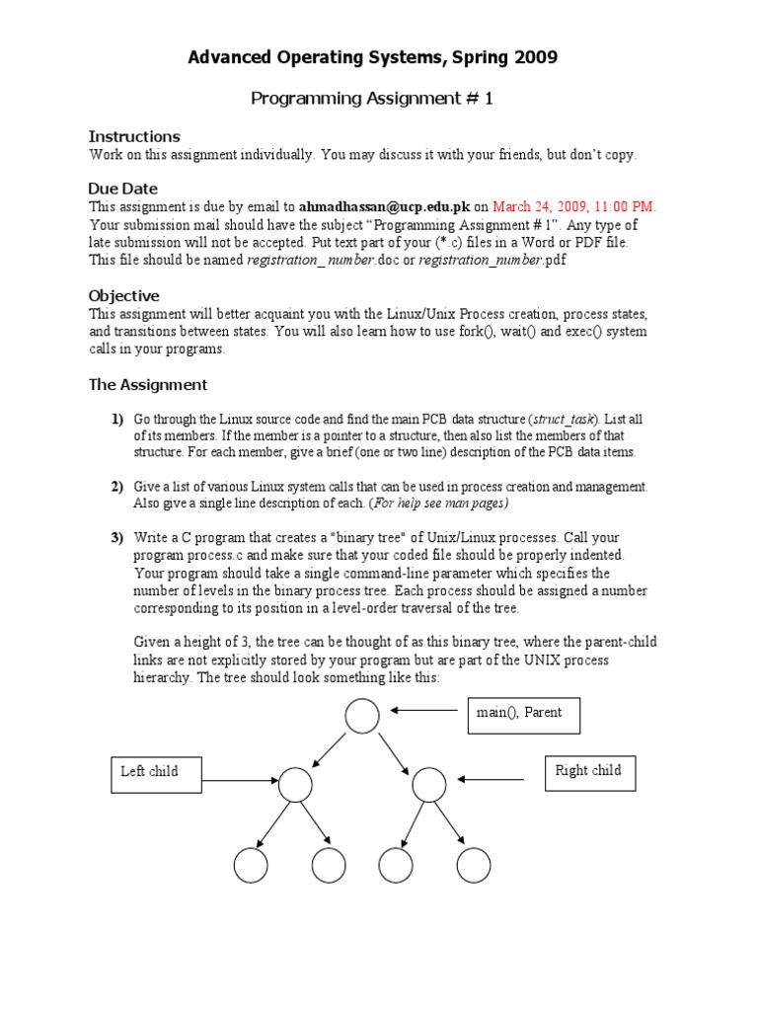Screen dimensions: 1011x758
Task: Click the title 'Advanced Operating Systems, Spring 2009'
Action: point(372,58)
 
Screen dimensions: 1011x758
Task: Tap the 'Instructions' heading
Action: point(134,136)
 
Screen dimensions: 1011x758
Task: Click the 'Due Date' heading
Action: point(123,189)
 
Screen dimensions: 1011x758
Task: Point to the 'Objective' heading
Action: point(124,295)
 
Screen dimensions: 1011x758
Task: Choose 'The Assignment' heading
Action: point(148,385)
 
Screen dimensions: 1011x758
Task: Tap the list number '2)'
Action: point(116,487)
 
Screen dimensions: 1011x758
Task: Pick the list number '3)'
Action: point(116,538)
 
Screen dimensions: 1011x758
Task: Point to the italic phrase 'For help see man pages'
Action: point(438,504)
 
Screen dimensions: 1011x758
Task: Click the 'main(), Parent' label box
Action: point(521,715)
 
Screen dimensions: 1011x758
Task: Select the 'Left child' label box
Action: point(155,773)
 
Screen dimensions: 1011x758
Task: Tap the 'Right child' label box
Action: point(589,772)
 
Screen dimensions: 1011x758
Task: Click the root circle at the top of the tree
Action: point(362,717)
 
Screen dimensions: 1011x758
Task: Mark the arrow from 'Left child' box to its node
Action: point(243,781)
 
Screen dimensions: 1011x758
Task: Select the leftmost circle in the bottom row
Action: point(251,865)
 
